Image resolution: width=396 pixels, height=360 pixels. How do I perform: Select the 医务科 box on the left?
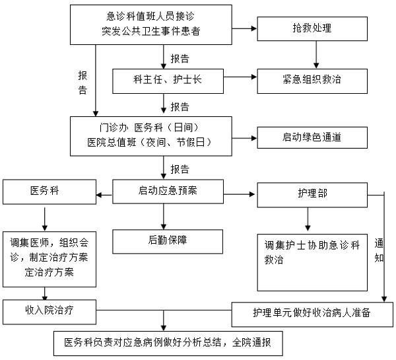coord(48,192)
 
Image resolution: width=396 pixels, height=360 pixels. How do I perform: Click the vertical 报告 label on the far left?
coord(83,82)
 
